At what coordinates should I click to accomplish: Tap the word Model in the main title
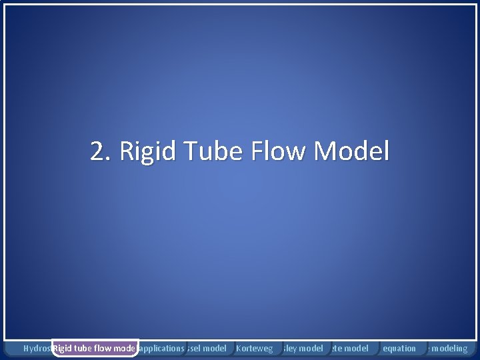coord(351,153)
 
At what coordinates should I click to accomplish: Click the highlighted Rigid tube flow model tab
coord(95,348)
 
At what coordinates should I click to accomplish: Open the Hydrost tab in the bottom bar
coord(37,348)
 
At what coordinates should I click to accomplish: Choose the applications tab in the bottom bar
coord(161,348)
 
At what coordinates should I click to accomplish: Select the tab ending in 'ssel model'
coord(207,348)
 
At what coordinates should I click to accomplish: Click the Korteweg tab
coord(254,348)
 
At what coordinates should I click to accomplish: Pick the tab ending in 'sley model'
coord(303,348)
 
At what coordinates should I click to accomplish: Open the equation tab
coord(399,348)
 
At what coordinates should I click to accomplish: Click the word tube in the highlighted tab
coord(85,348)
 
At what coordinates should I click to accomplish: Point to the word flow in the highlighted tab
coord(105,348)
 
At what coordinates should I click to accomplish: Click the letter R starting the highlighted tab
coord(57,348)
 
